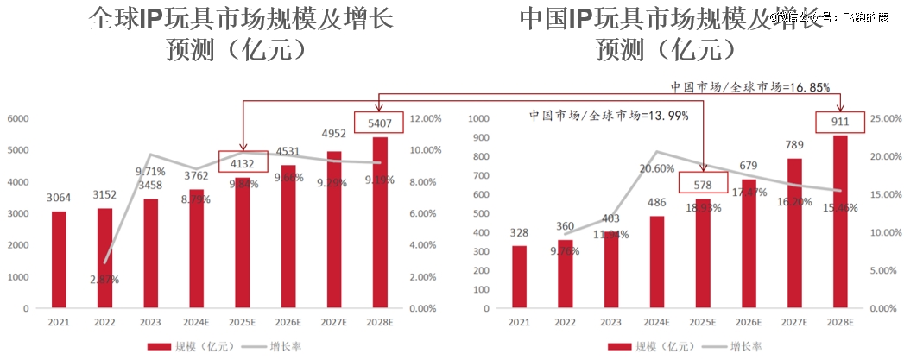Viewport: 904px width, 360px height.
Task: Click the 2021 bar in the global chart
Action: (59, 259)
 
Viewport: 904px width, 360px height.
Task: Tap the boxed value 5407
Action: (379, 123)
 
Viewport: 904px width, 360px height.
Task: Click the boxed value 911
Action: (838, 122)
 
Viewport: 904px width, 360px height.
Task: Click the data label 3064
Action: (59, 199)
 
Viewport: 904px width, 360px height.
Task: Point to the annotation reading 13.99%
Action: (609, 115)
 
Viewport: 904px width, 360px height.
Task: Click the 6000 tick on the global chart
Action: (18, 118)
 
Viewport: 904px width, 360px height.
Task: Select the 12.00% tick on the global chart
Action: (425, 118)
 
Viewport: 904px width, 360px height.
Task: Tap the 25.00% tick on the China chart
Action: (882, 118)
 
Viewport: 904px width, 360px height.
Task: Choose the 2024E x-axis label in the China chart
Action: (656, 323)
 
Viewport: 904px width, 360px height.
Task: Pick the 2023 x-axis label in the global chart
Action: (151, 323)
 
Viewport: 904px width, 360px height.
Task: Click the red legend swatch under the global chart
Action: (159, 347)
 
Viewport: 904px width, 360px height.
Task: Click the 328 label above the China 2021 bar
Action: (519, 232)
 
